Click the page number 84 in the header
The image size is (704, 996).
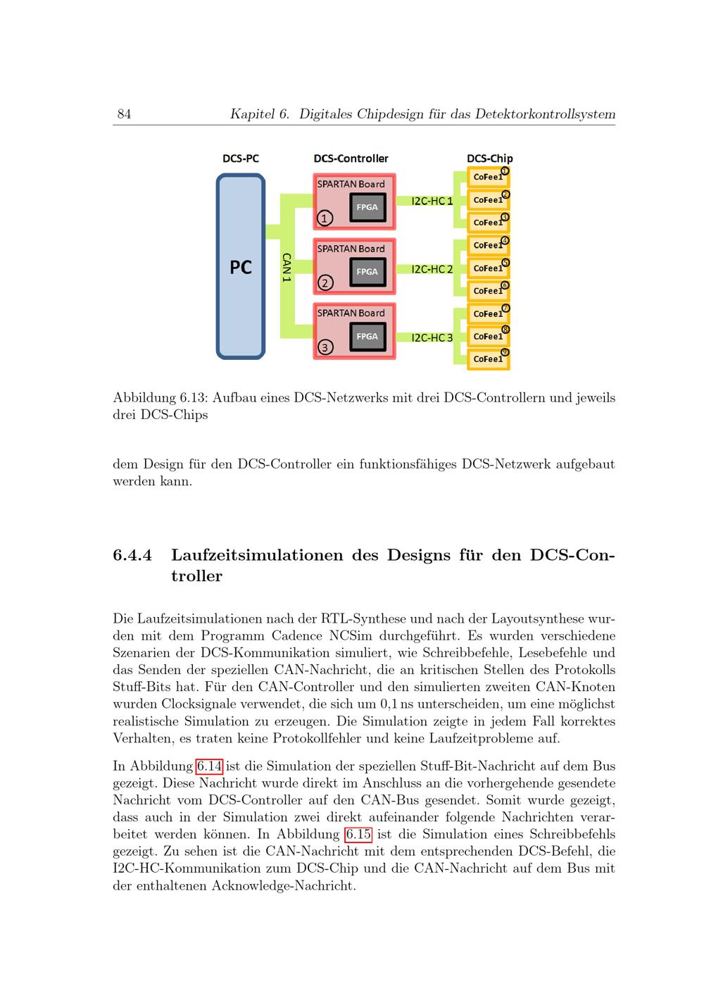[x=124, y=114]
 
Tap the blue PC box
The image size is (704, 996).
[x=241, y=266]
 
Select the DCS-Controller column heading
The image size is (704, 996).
[x=351, y=158]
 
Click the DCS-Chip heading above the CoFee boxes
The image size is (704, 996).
[x=489, y=158]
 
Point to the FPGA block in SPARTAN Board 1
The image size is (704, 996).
[x=367, y=207]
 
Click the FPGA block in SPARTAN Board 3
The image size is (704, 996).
[x=367, y=337]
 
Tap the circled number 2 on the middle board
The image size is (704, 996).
[x=325, y=282]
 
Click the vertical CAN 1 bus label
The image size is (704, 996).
[x=287, y=267]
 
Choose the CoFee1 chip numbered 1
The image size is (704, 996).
[x=489, y=177]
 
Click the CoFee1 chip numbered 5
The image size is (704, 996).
[x=489, y=268]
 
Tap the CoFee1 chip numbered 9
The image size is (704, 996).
[x=489, y=359]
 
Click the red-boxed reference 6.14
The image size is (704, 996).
[x=209, y=766]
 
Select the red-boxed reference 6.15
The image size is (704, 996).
[x=358, y=835]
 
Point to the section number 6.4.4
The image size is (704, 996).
[x=132, y=555]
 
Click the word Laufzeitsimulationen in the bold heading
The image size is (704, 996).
[x=258, y=555]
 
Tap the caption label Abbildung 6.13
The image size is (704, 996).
[x=161, y=397]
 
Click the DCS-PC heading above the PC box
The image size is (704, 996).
[x=241, y=158]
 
